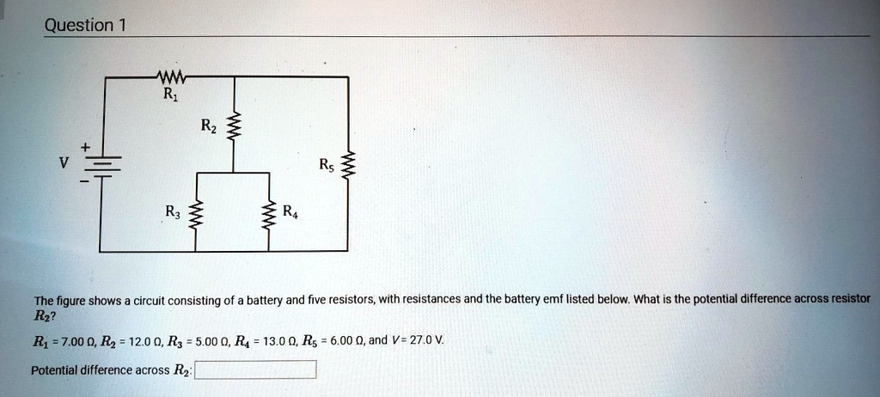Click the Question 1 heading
click(85, 25)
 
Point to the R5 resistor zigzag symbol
click(348, 164)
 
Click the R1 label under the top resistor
click(167, 95)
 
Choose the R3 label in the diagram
click(174, 211)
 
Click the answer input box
click(256, 370)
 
